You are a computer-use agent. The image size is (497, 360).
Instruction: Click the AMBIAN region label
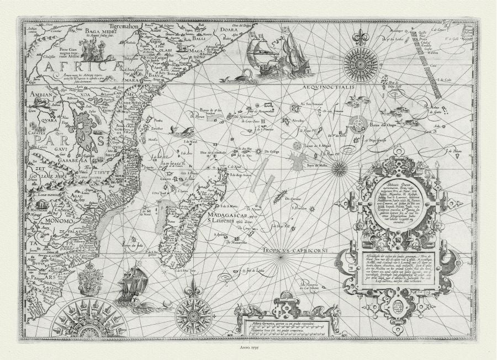pyautogui.click(x=41, y=95)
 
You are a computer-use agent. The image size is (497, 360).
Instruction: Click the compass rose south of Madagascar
pyautogui.click(x=193, y=315)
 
